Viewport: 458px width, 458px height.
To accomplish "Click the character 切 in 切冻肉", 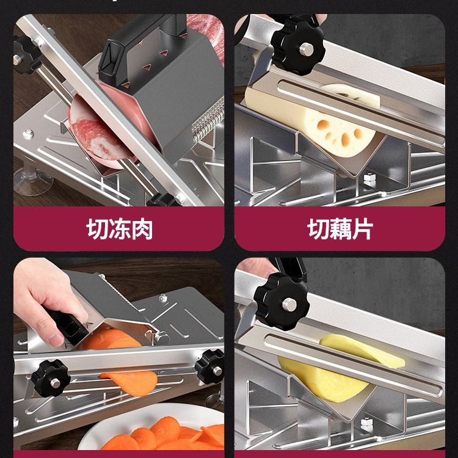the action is (97, 229).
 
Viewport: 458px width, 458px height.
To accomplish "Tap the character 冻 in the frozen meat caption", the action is (120, 229).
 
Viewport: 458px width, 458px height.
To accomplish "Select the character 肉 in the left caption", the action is (142, 229).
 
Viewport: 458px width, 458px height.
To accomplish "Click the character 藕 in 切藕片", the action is (340, 229).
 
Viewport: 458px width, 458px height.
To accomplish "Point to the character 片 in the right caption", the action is (363, 229).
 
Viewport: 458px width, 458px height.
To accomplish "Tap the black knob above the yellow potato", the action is (282, 302).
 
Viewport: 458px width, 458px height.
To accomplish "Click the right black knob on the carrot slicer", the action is (210, 366).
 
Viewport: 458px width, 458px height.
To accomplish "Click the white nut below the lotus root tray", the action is (369, 180).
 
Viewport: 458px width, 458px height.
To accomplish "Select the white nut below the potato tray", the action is (366, 424).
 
